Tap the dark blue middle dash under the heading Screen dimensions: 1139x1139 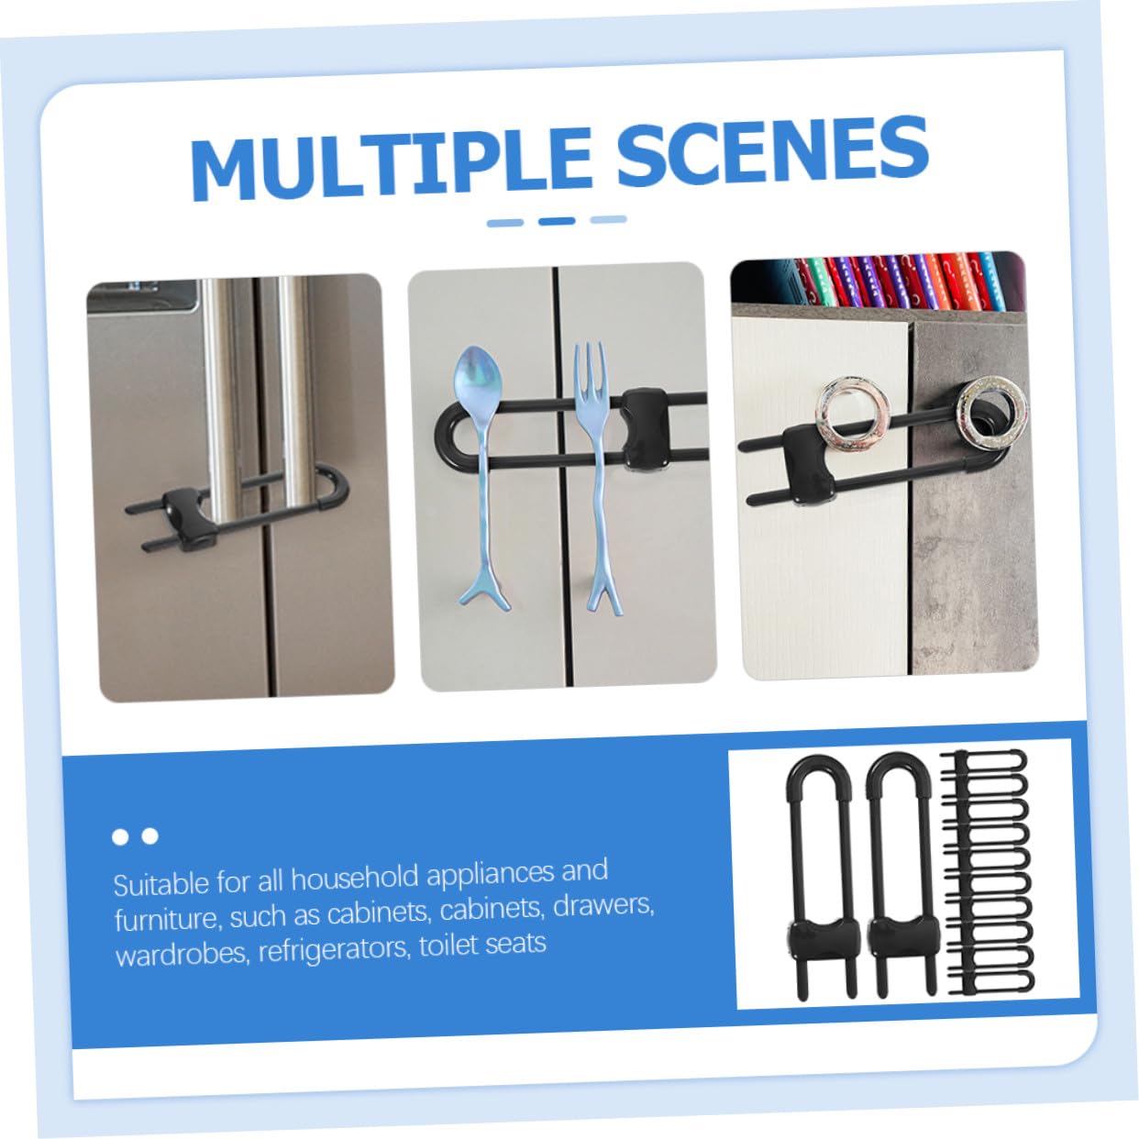(x=556, y=221)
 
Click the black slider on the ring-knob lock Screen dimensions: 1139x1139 (x=809, y=465)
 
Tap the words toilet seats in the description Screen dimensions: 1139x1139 (x=482, y=945)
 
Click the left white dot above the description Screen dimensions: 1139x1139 (x=120, y=837)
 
